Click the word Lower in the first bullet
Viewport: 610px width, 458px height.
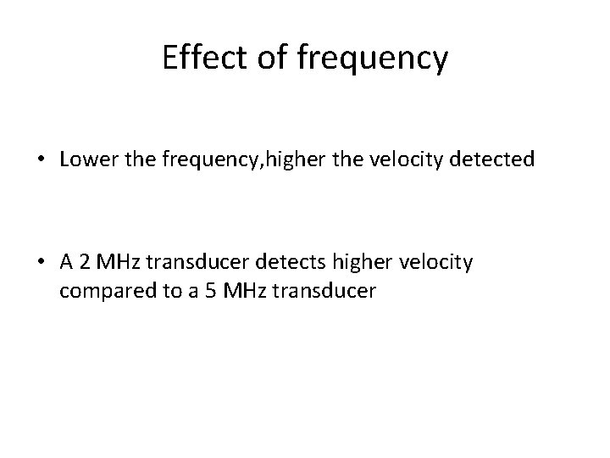[x=85, y=159]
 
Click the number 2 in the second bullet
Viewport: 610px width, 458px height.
[x=84, y=262]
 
